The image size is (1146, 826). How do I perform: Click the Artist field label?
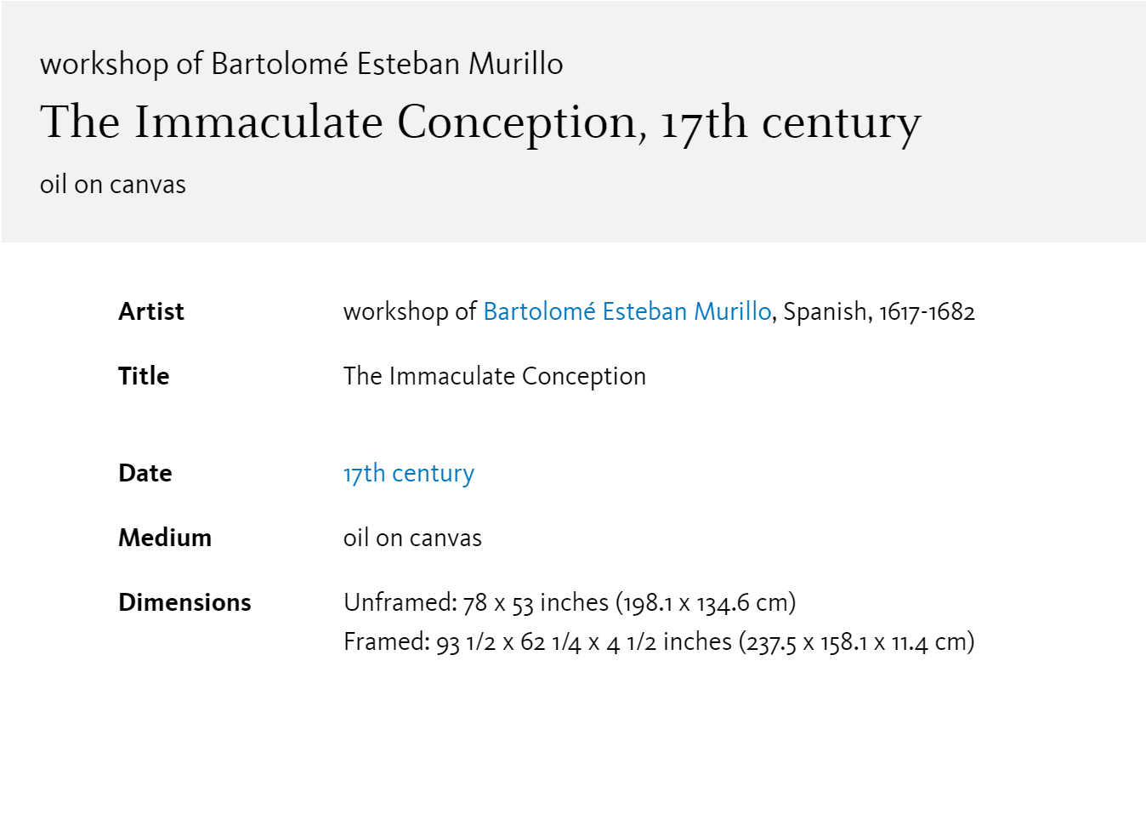[x=151, y=311]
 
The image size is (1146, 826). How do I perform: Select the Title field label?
[x=144, y=376]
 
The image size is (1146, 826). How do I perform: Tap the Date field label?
[x=145, y=473]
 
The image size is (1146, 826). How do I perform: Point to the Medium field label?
[x=165, y=538]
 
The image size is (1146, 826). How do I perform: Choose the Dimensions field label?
[x=184, y=602]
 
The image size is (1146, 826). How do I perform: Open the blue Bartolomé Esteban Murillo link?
[x=627, y=311]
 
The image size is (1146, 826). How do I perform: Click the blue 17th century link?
[x=409, y=474]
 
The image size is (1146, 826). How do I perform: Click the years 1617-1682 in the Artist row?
[x=927, y=311]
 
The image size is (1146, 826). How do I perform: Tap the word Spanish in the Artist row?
[x=825, y=311]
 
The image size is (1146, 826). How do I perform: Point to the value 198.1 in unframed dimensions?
[x=648, y=603]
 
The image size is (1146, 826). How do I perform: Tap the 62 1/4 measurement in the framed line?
[x=551, y=642]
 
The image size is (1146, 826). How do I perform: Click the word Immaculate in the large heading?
[x=258, y=122]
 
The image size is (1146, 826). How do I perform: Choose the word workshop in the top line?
[x=105, y=65]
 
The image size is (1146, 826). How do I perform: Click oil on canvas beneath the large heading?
[x=113, y=185]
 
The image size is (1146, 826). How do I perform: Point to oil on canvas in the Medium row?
[x=412, y=538]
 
